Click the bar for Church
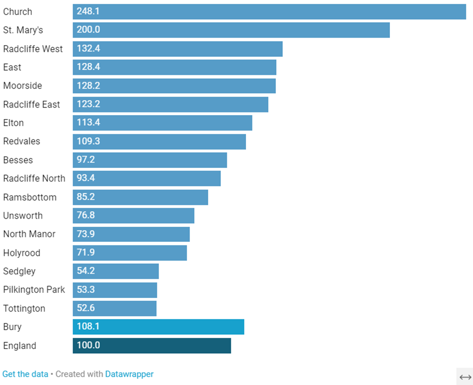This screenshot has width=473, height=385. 269,12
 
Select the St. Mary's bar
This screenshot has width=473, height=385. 231,30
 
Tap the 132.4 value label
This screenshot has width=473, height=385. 89,49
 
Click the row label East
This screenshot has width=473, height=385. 12,67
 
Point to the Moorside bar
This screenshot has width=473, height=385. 174,86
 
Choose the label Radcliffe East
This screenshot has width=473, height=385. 31,105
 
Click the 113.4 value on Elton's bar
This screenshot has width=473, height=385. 89,123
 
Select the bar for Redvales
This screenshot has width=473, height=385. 159,141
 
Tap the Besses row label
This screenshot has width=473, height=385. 18,160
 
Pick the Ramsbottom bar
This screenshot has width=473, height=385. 140,197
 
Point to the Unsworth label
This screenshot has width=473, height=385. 23,216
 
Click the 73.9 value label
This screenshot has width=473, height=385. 86,234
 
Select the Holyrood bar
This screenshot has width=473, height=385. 130,253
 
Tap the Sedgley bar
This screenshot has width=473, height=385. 116,271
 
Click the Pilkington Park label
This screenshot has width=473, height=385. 34,290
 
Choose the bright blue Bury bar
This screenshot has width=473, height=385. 159,327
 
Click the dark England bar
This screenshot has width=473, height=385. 152,346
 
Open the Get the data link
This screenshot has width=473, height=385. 25,374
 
